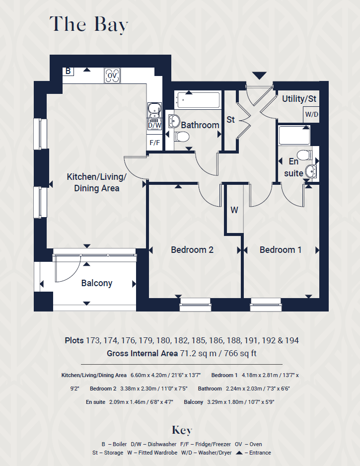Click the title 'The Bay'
coord(89,25)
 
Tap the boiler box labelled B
coord(68,71)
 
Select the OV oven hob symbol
coord(112,76)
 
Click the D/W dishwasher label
coord(154,125)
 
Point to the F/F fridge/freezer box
coord(154,143)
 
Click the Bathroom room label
coord(200,125)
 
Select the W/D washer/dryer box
coord(311,115)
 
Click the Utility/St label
coord(299,99)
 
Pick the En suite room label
coord(293,167)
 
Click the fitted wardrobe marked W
coord(234,210)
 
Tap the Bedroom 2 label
coord(192,250)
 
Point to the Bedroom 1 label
coord(281,250)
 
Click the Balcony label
coord(97,283)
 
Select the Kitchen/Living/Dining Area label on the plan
coord(97,182)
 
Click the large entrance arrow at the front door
coord(259,76)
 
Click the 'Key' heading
coord(182,430)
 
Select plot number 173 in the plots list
coord(92,341)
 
